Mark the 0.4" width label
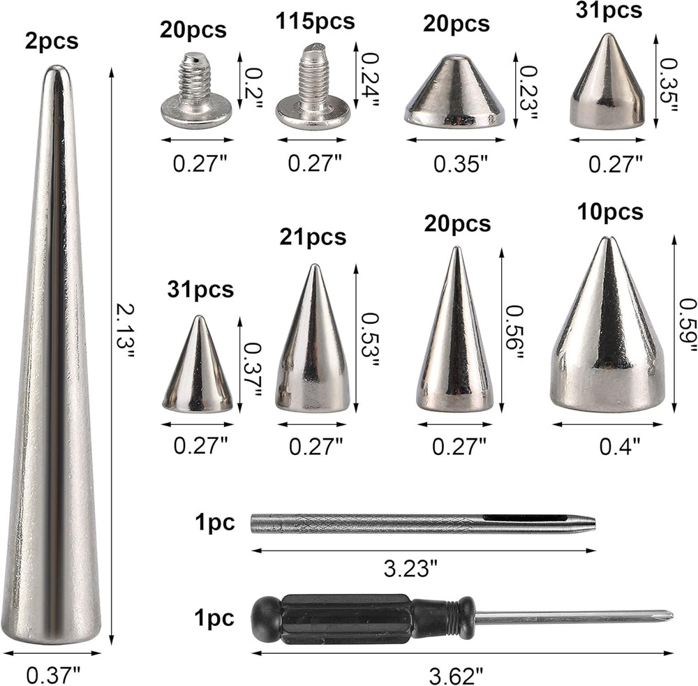(x=620, y=446)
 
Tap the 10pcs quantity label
(x=610, y=212)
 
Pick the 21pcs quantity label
(x=313, y=237)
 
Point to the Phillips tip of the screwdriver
(x=663, y=616)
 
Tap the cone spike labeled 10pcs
(x=607, y=335)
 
